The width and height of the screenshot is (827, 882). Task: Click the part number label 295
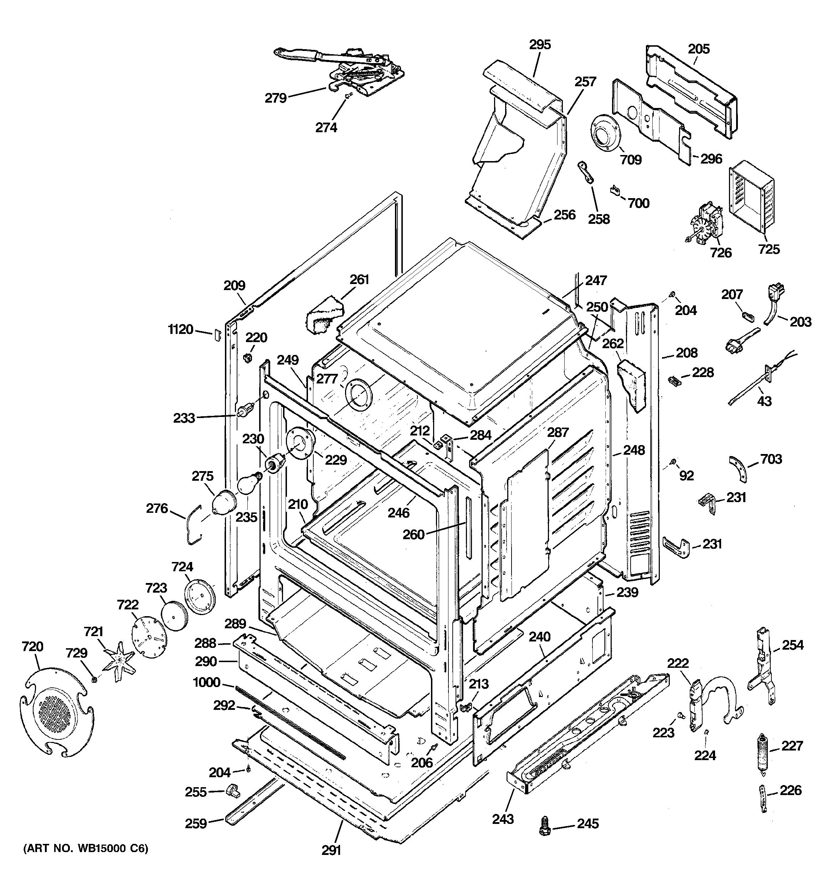[540, 45]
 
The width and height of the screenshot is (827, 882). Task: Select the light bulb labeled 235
[248, 484]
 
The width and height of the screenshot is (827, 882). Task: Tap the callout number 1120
[181, 330]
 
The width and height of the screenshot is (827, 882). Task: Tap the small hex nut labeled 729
[94, 679]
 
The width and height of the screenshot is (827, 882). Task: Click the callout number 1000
[206, 682]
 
